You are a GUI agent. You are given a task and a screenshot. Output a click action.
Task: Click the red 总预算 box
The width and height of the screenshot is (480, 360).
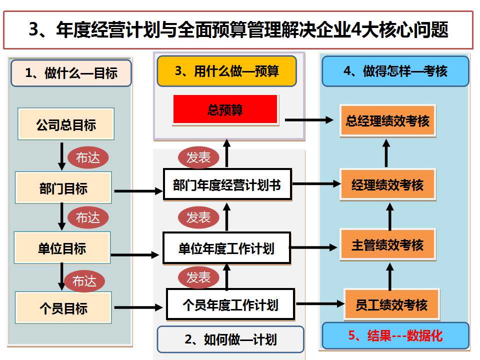click(x=225, y=109)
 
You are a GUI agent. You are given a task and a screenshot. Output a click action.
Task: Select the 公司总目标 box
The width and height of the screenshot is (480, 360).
click(x=66, y=124)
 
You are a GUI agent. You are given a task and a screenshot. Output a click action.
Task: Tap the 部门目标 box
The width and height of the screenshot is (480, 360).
click(x=63, y=188)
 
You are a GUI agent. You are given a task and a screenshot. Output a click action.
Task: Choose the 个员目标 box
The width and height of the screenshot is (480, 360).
click(x=63, y=307)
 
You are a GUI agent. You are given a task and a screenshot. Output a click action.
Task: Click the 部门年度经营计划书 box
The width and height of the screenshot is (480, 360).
click(x=227, y=185)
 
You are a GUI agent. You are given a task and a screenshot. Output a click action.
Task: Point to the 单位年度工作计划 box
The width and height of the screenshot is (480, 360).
click(x=226, y=247)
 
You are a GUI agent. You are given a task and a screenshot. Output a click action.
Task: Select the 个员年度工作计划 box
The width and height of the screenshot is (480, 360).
click(x=230, y=304)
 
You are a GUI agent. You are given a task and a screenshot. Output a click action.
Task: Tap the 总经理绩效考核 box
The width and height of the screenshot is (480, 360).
click(x=387, y=120)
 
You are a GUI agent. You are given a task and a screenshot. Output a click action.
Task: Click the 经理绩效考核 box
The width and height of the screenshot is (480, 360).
click(x=387, y=185)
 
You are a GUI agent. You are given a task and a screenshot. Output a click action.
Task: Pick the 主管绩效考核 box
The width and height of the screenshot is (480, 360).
click(x=387, y=244)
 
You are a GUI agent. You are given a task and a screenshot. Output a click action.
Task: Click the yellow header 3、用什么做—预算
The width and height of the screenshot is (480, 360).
click(x=227, y=71)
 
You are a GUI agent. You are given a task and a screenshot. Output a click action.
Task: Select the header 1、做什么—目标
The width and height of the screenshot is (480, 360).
click(x=71, y=73)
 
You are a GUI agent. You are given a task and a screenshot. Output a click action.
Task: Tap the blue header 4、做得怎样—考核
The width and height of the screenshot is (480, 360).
click(x=395, y=71)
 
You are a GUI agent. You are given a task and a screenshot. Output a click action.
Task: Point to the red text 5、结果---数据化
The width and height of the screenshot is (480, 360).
click(x=395, y=335)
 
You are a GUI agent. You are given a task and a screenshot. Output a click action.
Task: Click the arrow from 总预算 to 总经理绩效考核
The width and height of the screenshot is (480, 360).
click(x=309, y=120)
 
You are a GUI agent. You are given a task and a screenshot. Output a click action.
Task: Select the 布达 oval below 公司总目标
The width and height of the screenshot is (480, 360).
click(x=88, y=158)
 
